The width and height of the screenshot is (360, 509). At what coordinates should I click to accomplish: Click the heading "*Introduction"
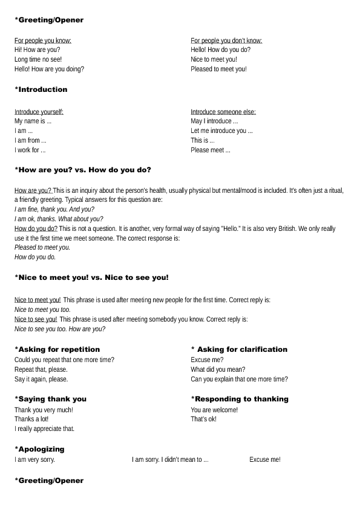[41, 89]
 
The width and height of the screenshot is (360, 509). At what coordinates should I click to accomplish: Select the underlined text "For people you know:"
[43, 41]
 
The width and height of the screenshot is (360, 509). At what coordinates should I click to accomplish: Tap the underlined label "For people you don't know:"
[226, 41]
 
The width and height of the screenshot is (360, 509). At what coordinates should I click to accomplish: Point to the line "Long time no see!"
[38, 59]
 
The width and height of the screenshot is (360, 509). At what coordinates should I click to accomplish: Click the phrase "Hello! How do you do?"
[220, 50]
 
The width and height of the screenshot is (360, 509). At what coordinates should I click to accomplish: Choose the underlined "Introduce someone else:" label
[223, 112]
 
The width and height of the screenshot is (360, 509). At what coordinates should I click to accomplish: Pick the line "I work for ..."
[30, 150]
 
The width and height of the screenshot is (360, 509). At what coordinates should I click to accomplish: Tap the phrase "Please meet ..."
[211, 150]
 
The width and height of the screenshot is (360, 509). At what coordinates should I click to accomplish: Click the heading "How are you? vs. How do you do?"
[83, 170]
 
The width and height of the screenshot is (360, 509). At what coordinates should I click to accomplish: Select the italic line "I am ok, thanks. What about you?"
[59, 219]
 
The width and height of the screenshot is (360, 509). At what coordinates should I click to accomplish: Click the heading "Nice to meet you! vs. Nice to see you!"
[91, 277]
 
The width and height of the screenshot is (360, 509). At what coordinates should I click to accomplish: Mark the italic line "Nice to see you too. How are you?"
[60, 329]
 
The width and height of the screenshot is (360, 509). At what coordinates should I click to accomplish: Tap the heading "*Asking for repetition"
[57, 349]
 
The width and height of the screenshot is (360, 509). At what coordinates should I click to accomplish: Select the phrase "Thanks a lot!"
[31, 419]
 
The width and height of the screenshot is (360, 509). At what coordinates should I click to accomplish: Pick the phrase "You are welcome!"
[214, 410]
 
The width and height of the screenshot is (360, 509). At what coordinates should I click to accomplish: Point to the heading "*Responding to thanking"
[240, 399]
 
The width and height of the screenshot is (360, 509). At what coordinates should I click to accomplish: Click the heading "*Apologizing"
[39, 449]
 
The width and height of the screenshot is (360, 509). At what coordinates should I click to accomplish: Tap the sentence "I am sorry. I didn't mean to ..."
[170, 460]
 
